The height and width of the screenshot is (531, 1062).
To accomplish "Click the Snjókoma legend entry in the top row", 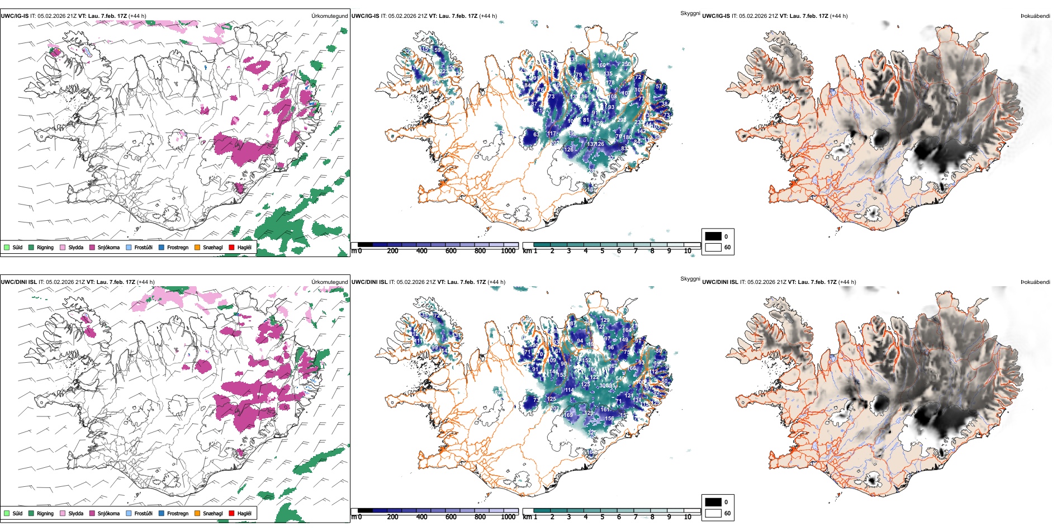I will (x=108, y=247).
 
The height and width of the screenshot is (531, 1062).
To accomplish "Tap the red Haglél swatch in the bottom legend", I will (x=231, y=513).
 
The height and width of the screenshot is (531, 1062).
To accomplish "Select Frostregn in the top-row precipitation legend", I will (x=177, y=247).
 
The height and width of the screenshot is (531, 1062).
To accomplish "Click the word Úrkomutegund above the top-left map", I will (x=329, y=16).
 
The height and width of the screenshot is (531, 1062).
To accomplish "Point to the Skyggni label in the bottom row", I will (x=690, y=279).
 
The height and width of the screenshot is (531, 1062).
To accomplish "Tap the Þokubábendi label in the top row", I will (x=1035, y=16).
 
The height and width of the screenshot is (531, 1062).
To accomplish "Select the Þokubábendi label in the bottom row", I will (x=1035, y=282).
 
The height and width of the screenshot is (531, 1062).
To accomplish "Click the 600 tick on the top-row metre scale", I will (x=451, y=251).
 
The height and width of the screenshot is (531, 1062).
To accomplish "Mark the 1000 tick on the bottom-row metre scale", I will (x=508, y=517).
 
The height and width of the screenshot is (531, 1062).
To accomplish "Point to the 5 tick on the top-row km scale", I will (x=603, y=251).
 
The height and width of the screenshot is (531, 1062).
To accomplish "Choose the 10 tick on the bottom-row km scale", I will (x=688, y=517).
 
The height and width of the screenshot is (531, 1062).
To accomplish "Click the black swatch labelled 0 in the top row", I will (x=713, y=236).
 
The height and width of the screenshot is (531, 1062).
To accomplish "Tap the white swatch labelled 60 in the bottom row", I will (x=713, y=513).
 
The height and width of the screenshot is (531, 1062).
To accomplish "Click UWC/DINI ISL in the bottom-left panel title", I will (x=18, y=282).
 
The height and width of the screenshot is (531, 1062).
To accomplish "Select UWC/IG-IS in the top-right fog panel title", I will (x=716, y=16).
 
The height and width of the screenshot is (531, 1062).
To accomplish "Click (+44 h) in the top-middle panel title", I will (x=487, y=16).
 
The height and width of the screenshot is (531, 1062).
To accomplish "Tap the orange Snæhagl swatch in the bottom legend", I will (x=197, y=513).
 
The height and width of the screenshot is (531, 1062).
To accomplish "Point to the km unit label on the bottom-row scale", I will (x=527, y=517).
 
